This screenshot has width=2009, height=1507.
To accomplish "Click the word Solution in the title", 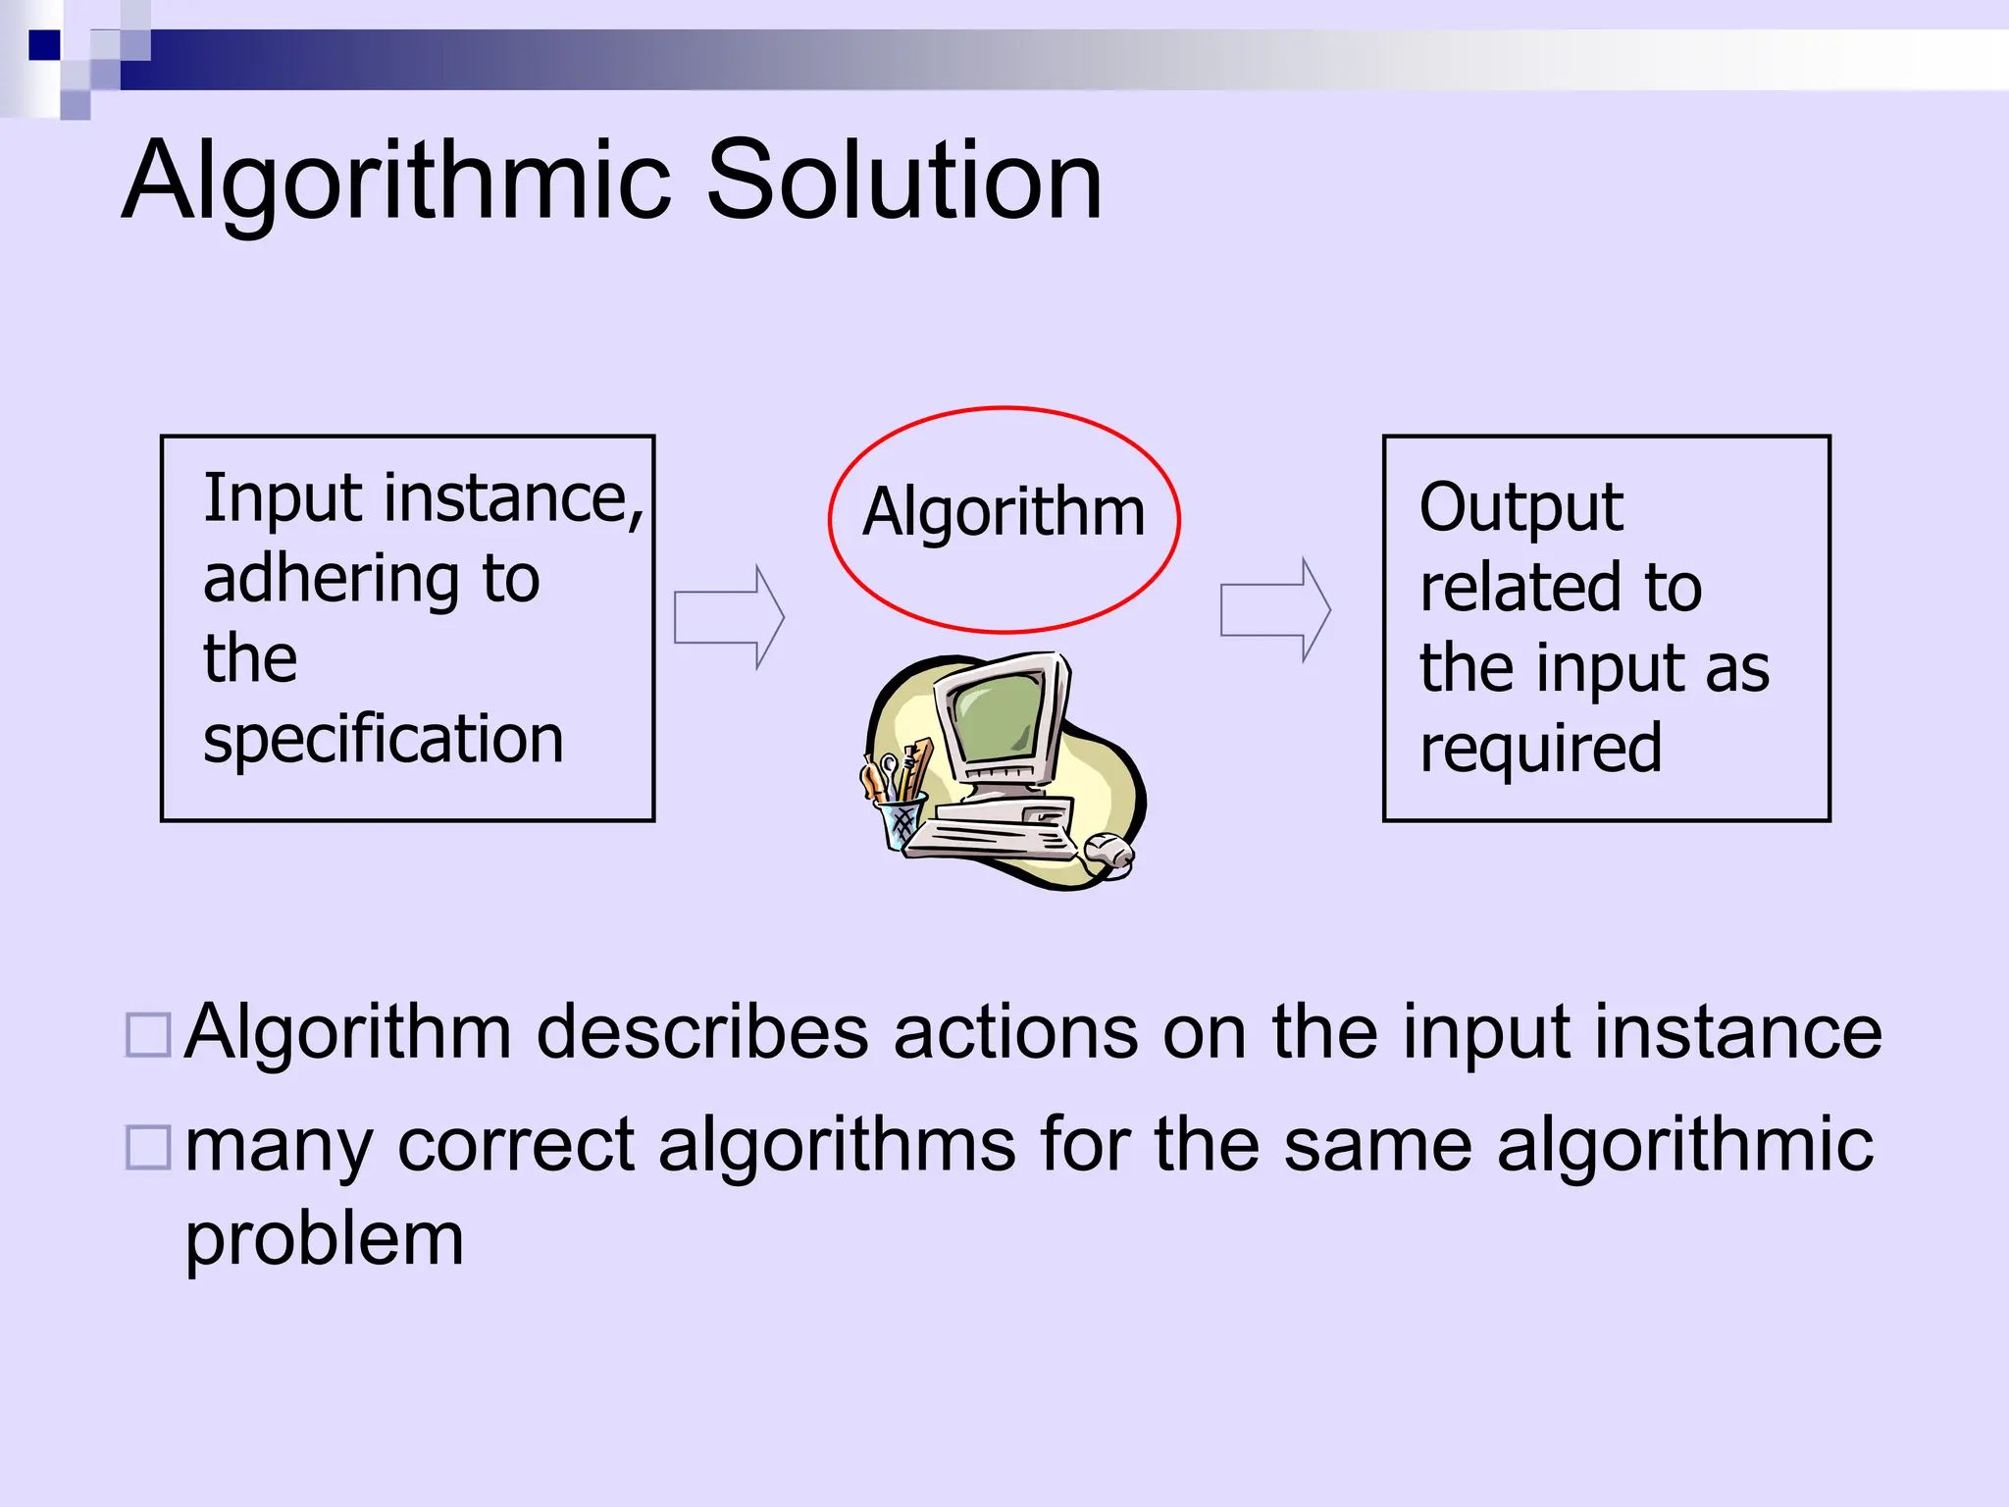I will point(903,182).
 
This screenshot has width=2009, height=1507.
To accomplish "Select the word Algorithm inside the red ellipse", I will point(1004,512).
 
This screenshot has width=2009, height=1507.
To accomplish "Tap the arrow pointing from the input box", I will point(729,617).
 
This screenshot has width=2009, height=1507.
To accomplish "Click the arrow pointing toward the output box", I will point(1274,609).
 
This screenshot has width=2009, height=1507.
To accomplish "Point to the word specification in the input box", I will point(383,741).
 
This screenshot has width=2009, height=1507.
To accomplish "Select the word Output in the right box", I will point(1520,508).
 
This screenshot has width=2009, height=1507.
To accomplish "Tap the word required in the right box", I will point(1540,750).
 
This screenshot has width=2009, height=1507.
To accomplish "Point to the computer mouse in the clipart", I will point(1108,850).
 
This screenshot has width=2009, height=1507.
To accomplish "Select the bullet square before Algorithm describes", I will point(149,1034).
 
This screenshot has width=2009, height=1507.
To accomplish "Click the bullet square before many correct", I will point(149,1147).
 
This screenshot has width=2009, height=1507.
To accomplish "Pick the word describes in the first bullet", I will point(702,1032).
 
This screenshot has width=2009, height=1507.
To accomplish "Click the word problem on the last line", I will point(324,1241).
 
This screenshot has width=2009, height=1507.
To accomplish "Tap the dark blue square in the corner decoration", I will point(44,45).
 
